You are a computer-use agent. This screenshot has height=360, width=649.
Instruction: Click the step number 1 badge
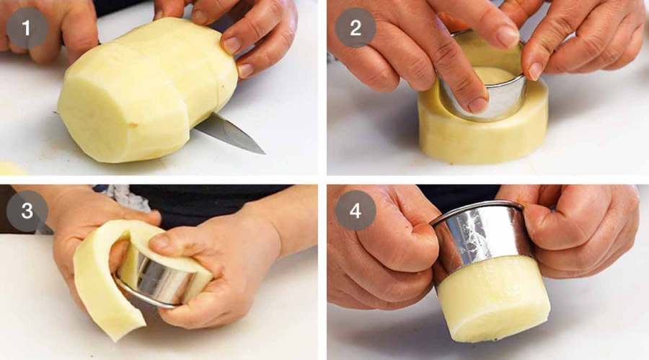coord(27,28)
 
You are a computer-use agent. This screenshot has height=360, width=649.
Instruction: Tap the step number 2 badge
coord(355,27)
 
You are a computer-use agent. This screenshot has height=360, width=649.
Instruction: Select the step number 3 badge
coord(27,211)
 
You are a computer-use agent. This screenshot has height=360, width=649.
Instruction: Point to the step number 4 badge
coord(355,211)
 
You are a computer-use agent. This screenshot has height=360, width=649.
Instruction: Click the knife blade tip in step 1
coord(264,153)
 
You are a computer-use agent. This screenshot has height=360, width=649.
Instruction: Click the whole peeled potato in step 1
coord(147,89)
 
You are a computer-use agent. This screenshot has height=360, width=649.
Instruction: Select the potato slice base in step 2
coord(482,124)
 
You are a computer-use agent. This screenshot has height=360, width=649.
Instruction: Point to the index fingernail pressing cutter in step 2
coord(478,105)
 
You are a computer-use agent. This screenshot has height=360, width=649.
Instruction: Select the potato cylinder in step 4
coord(493,298)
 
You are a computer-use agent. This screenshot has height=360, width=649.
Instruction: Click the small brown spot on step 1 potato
coord(133,124)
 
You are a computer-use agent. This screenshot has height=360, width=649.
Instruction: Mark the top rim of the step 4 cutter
coord(476,209)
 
